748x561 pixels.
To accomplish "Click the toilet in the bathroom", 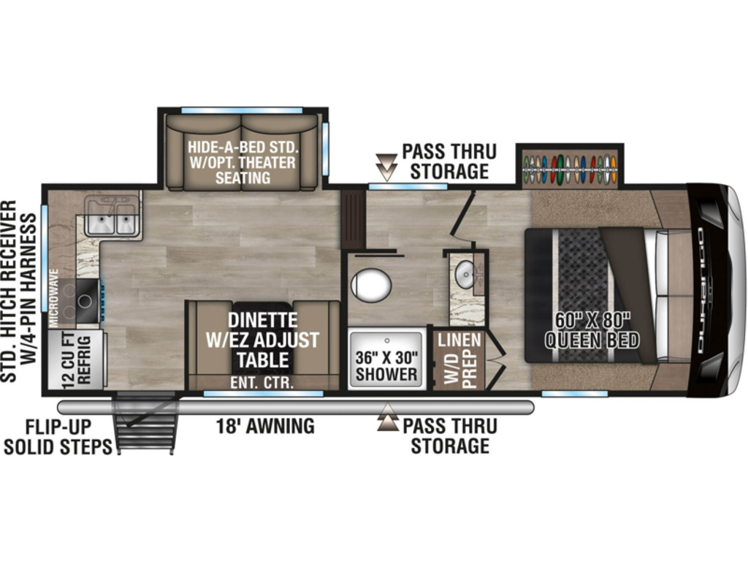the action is coord(371,286).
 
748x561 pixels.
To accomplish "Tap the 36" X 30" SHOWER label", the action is coord(386,366).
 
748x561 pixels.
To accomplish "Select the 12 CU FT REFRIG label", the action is coord(76,359).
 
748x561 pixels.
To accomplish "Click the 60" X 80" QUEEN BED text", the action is coord(592,331).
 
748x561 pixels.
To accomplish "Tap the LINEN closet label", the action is coord(459,340).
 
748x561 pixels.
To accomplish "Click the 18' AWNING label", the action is coord(265,426).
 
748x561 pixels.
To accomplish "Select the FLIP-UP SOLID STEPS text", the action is coord(58,437).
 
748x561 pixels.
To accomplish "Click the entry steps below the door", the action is coord(145,422).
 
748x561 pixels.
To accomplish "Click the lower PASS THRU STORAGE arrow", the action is coord(388,417).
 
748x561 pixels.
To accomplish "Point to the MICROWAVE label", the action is coord(54,298).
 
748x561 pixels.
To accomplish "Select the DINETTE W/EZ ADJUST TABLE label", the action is coord(262,340).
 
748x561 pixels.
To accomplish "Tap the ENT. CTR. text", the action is coord(262,382).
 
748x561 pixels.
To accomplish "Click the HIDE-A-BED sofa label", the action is coord(243,162).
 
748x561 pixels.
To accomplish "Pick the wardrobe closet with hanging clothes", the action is coord(570,169).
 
